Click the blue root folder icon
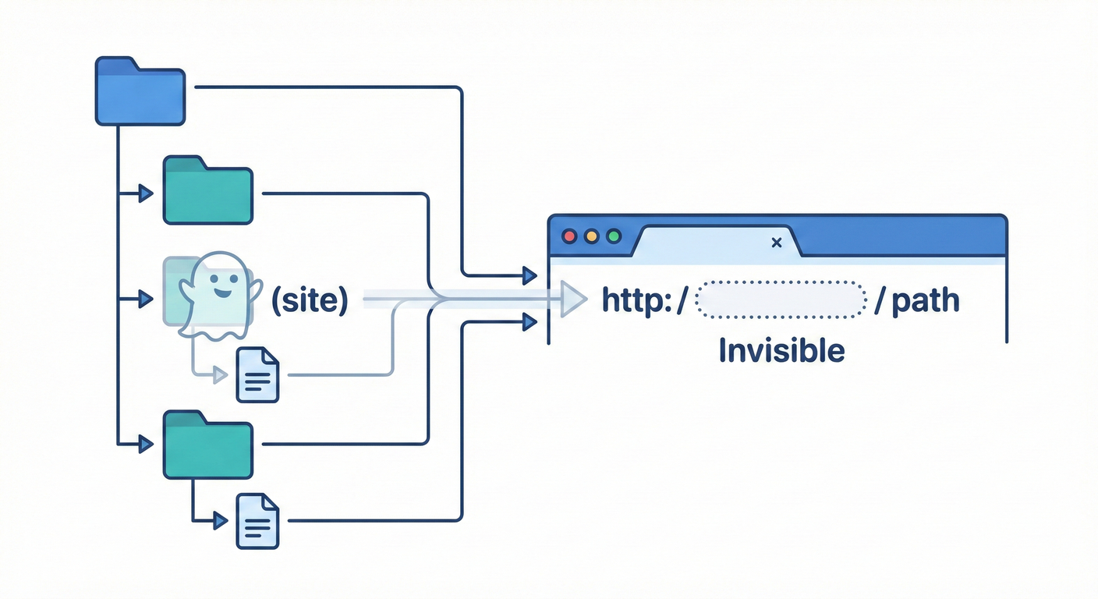[x=140, y=92]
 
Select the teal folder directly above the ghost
[x=207, y=190]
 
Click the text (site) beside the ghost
[x=309, y=299]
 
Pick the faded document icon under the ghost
[x=258, y=375]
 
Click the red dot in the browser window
[x=569, y=236]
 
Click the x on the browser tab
[x=776, y=243]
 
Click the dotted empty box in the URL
[x=780, y=300]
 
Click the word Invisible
[x=781, y=351]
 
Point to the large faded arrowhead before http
[x=573, y=299]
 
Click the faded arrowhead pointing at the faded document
[x=221, y=375]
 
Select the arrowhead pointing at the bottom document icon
[x=221, y=519]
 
